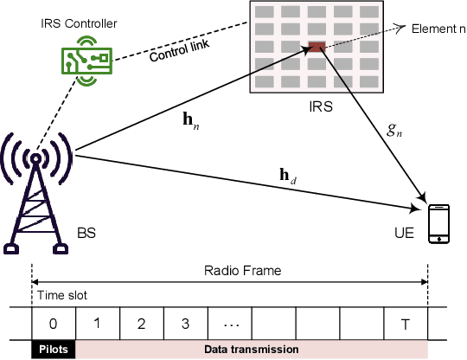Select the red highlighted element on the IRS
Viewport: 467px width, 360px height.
tap(317, 47)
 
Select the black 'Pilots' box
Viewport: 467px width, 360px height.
tap(54, 349)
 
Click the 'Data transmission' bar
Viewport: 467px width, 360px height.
tap(251, 349)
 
